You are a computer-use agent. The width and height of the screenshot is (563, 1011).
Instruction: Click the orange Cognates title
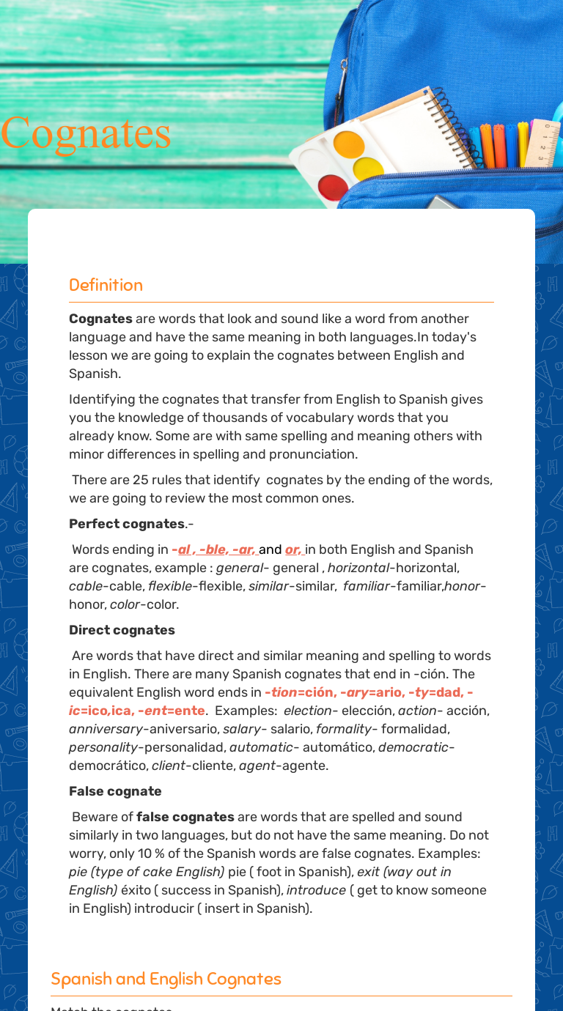click(x=86, y=133)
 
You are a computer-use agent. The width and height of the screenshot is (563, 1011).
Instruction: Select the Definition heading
click(x=106, y=285)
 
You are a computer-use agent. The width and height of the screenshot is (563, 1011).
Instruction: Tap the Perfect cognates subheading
click(x=127, y=524)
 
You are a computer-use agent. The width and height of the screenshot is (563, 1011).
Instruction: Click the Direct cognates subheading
click(x=122, y=630)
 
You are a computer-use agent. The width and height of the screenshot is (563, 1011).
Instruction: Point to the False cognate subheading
click(x=115, y=791)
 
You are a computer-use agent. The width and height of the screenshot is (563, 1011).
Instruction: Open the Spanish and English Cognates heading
click(x=166, y=979)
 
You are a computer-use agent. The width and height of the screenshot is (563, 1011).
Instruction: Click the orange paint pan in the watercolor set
click(x=348, y=144)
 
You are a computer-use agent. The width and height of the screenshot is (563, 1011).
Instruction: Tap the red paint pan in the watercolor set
click(x=333, y=187)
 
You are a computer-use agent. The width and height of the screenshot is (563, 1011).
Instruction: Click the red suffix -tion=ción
click(x=299, y=692)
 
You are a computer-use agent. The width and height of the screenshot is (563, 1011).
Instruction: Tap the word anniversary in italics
click(x=106, y=729)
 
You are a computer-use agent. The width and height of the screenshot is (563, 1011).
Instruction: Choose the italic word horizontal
click(x=358, y=568)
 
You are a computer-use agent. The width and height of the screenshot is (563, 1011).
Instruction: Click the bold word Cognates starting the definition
click(x=100, y=319)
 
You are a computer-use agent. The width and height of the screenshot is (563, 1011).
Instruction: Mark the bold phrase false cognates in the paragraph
click(x=185, y=817)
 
